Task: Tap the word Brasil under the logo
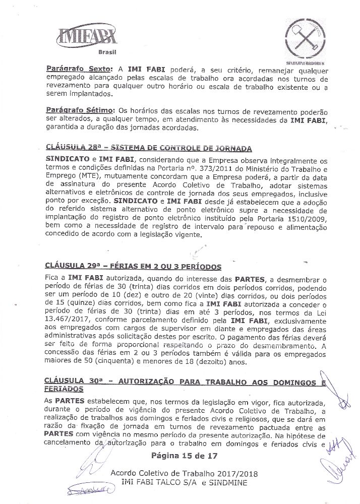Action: point(106,52)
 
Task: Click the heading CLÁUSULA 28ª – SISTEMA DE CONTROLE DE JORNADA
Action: point(149,149)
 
